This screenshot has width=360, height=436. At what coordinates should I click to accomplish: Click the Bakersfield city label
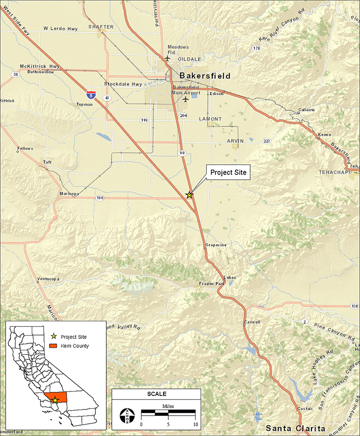coord(205,76)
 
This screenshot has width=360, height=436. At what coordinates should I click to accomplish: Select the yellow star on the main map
coord(189,195)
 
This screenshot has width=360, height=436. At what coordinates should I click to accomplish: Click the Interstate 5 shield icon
coord(90,94)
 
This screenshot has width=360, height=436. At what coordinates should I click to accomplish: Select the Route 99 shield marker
coord(182,153)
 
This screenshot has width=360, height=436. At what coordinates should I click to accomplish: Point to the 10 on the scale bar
coord(195,424)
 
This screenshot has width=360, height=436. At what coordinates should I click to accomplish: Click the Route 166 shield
coord(100,198)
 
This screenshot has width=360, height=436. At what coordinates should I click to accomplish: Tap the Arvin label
coord(235,141)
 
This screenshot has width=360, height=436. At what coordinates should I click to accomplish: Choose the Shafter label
coord(101,27)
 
